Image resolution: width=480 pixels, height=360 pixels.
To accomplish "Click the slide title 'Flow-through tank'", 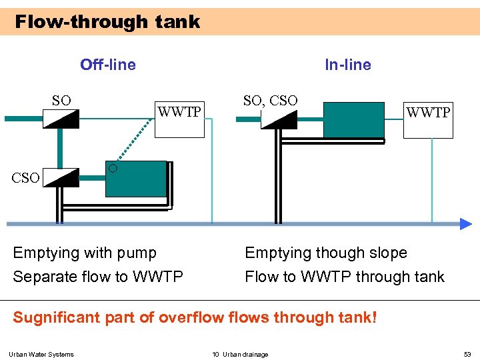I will click(107, 22).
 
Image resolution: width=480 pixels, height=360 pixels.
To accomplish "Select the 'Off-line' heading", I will click(107, 65).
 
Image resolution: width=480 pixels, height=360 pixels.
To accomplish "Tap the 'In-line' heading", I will click(347, 65).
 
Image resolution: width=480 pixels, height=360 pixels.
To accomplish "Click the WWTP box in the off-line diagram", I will click(179, 119).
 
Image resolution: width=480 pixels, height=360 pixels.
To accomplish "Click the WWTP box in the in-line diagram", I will click(428, 119).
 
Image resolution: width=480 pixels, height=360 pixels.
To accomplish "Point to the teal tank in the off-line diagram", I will click(136, 179).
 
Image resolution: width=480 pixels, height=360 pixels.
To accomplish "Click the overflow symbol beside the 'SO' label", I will click(61, 119).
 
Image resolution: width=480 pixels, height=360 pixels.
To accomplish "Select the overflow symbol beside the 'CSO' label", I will click(61, 177).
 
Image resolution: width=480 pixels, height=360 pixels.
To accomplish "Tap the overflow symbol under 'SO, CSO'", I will click(279, 119).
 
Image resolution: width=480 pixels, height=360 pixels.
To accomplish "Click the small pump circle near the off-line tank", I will click(113, 168).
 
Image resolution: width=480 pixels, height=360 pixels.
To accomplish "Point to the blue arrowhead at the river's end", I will click(465, 224).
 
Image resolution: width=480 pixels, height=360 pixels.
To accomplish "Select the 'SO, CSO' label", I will click(270, 101).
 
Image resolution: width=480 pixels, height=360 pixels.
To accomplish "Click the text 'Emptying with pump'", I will click(85, 253).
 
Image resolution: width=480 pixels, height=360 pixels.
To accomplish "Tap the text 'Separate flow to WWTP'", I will click(98, 277).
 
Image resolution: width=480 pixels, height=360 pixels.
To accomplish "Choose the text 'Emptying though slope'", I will click(326, 253).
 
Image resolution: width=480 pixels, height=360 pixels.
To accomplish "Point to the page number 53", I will click(467, 354).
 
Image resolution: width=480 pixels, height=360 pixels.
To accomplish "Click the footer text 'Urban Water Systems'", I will click(41, 354).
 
